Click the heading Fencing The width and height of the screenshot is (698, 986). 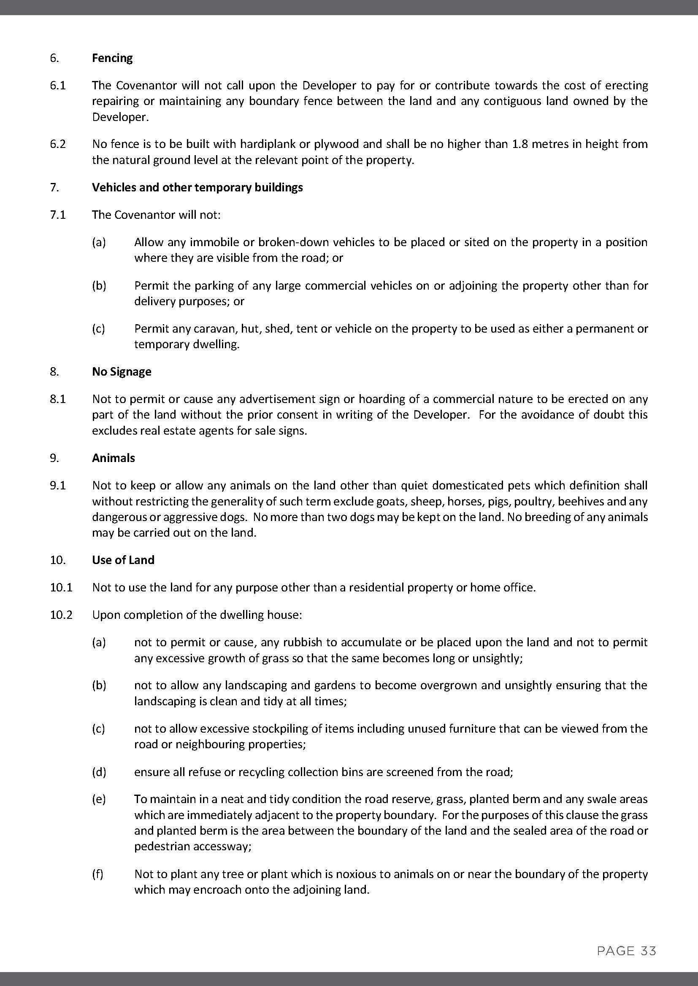click(x=112, y=58)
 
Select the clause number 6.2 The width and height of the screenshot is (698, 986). click(x=58, y=144)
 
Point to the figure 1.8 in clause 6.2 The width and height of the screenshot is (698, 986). click(x=520, y=144)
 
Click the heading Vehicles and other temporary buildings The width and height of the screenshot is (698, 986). click(x=197, y=187)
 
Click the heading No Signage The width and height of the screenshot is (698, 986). click(x=122, y=371)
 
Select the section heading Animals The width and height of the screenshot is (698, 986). click(x=114, y=458)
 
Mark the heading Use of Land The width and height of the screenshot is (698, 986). click(x=123, y=560)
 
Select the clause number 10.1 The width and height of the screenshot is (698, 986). click(x=61, y=587)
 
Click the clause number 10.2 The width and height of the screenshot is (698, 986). click(x=61, y=615)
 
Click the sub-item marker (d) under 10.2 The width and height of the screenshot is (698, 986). click(x=99, y=772)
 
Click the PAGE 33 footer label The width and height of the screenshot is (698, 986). click(x=626, y=951)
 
